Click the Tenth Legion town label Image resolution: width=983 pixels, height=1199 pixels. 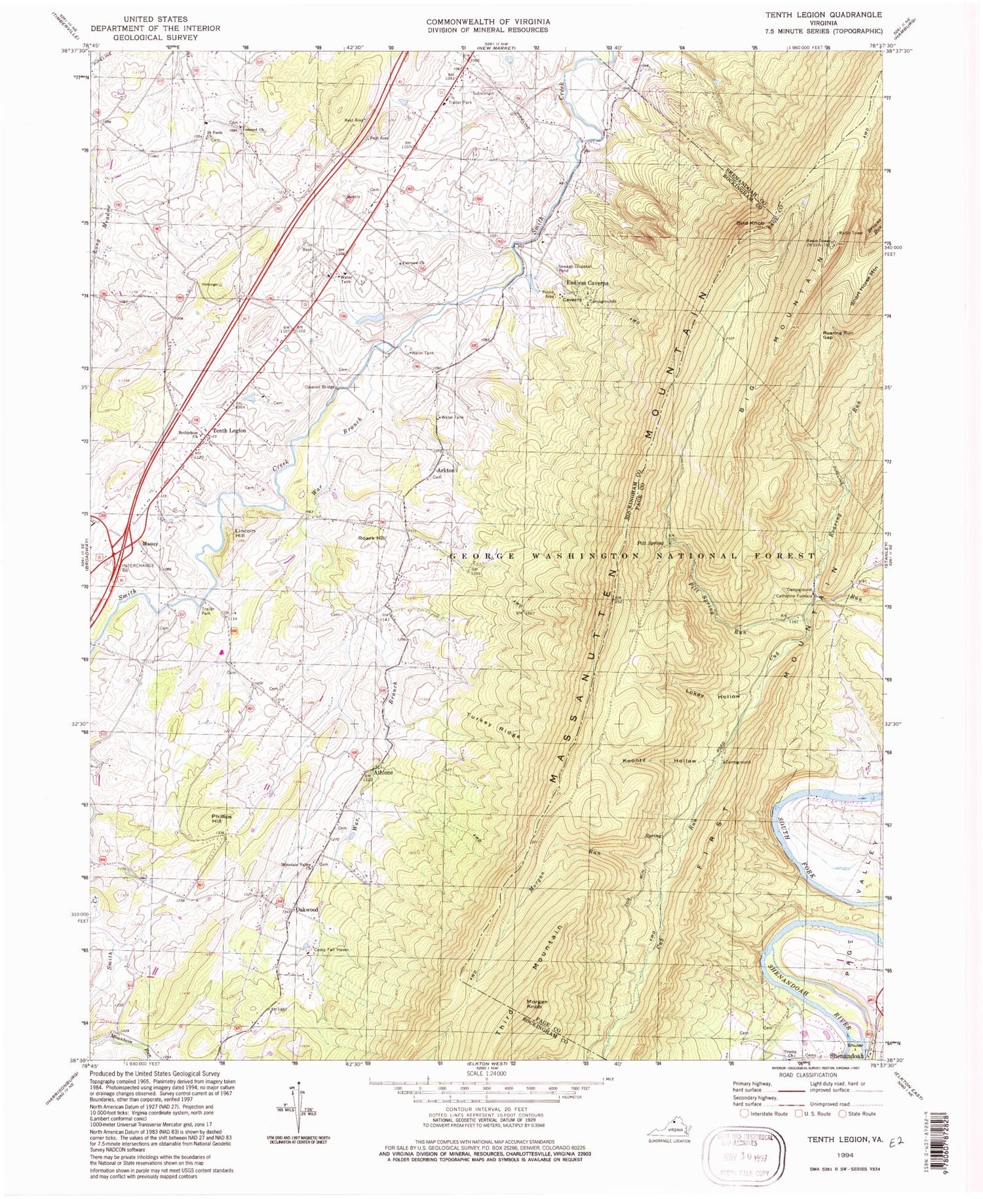click(x=229, y=430)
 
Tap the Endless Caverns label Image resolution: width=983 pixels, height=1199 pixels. click(x=588, y=283)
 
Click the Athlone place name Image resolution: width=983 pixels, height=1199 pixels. click(x=384, y=772)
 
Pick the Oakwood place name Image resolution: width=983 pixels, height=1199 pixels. click(x=307, y=910)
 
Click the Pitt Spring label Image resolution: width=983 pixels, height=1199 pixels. click(x=650, y=543)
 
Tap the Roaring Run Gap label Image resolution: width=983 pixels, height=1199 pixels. click(x=836, y=335)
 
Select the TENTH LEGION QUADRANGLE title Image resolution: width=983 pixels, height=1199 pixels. click(x=826, y=14)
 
